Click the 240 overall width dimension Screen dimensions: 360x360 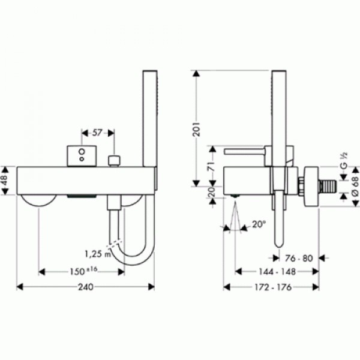tap(86, 287)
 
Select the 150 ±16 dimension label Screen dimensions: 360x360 tap(83, 271)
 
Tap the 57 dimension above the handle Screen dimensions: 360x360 tap(97, 133)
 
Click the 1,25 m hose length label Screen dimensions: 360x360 tap(98, 254)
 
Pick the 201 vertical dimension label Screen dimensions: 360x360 tap(197, 129)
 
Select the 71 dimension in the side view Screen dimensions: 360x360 tap(212, 166)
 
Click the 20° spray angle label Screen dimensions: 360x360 tap(259, 224)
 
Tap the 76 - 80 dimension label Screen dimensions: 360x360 tap(299, 259)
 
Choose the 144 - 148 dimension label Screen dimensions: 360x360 tap(277, 272)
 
